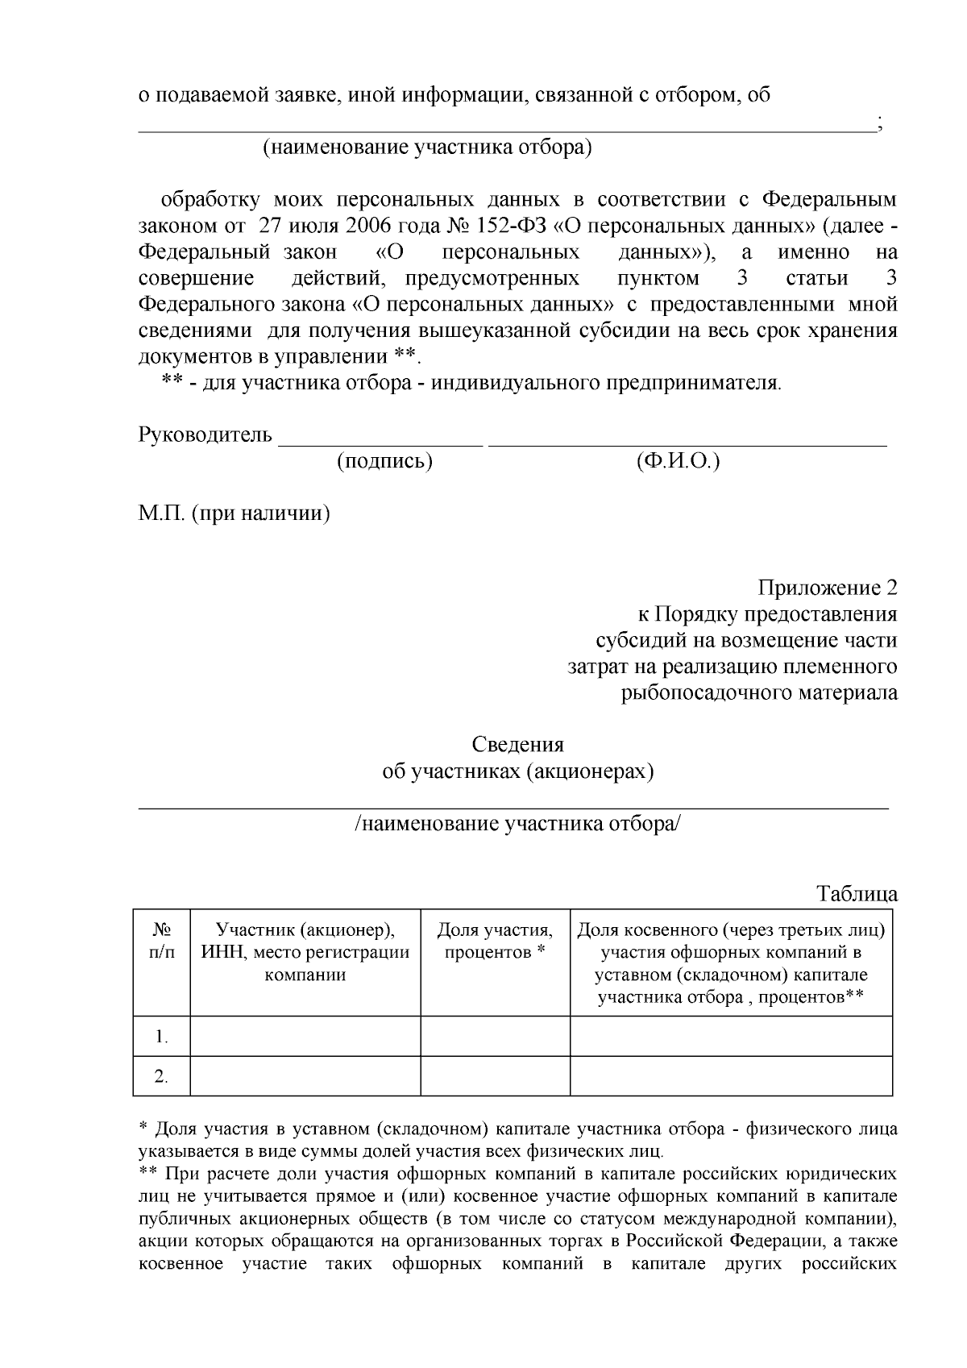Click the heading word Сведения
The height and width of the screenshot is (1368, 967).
[x=517, y=744]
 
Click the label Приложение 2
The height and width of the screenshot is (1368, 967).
[x=828, y=588]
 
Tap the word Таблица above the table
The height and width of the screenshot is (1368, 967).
[x=857, y=894]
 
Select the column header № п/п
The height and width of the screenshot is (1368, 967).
[x=161, y=941]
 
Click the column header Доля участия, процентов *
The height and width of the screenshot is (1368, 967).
[x=495, y=941]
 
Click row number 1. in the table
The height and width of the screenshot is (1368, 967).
[x=161, y=1037]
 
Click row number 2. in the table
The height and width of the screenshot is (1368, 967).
[x=161, y=1076]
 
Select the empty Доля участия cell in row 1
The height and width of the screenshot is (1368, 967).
[x=495, y=1036]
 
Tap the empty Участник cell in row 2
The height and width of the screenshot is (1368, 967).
[x=305, y=1076]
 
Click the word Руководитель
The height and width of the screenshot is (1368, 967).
[x=205, y=435]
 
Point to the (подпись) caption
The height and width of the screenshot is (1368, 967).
[x=384, y=461]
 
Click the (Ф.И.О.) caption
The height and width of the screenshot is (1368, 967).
[x=677, y=461]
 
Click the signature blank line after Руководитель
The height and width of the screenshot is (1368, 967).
[x=380, y=442]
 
